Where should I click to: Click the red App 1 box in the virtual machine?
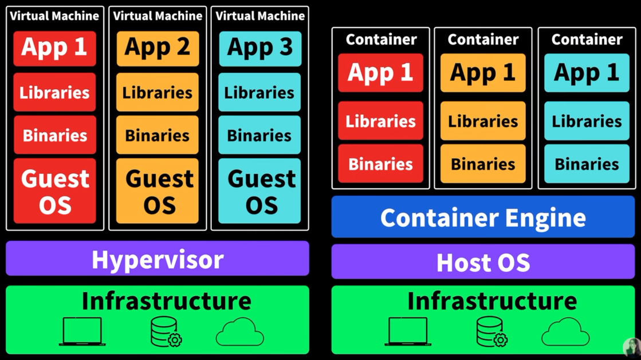point(54,48)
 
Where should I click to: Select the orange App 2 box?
point(158,48)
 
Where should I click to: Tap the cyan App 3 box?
point(259,48)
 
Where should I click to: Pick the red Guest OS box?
point(54,191)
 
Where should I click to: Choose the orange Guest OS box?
point(158,191)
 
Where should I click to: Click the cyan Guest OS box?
point(259,191)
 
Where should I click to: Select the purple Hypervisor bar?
point(158,259)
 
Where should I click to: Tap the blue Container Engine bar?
point(483,217)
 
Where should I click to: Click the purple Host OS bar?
point(483,262)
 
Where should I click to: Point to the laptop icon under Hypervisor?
point(82,332)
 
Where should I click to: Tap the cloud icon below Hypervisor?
point(240,332)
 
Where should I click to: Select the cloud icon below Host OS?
point(565,332)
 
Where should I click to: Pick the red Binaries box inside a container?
point(380,164)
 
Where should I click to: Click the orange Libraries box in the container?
point(483,121)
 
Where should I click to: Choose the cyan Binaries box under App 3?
point(259,135)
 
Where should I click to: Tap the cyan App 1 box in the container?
point(587,73)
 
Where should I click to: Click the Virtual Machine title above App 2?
point(158,16)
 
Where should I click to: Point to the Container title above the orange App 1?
point(483,39)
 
